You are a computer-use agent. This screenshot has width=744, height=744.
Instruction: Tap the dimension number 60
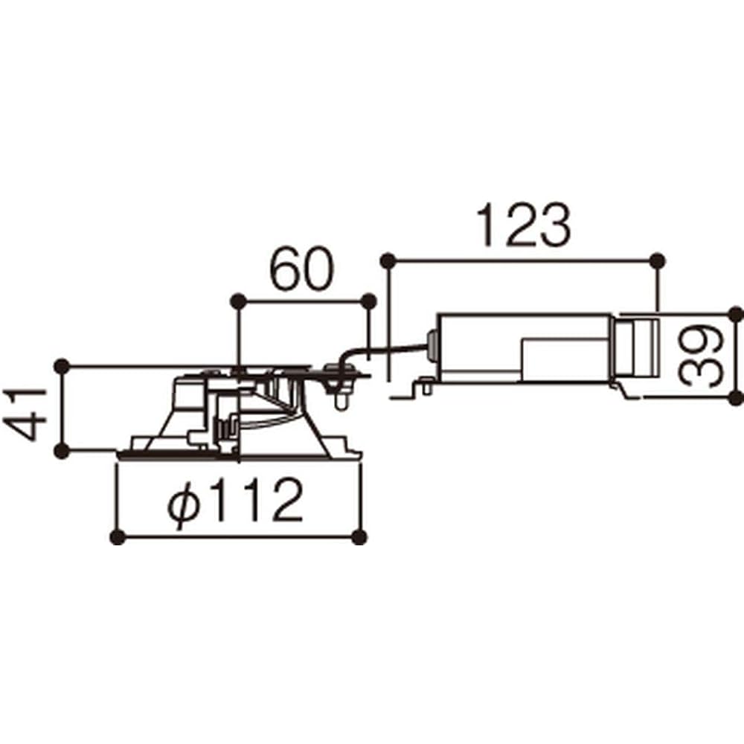(302, 268)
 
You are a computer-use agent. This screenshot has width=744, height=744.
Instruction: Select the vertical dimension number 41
(25, 414)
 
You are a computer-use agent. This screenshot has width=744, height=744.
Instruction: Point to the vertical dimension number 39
(702, 356)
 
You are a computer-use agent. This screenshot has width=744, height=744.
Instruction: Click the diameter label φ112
(235, 500)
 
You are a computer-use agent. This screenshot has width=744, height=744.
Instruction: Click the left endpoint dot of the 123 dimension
(388, 260)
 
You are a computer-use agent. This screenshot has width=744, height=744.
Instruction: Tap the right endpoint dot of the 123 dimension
(658, 260)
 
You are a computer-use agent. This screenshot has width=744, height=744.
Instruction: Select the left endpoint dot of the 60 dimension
(238, 301)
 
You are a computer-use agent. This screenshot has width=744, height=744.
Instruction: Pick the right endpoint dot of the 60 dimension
(369, 301)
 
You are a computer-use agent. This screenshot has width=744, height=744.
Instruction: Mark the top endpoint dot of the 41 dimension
(62, 366)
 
